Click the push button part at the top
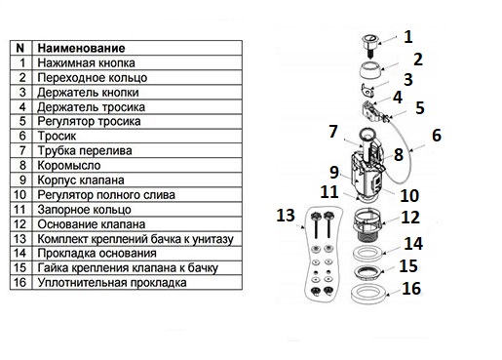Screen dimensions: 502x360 [x=369, y=45]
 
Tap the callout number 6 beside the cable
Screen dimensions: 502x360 [x=437, y=136]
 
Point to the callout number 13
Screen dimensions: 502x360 [x=286, y=216]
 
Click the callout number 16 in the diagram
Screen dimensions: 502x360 [x=411, y=288]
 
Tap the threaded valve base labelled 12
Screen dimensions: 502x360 [x=368, y=224]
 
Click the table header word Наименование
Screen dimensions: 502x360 [x=81, y=48]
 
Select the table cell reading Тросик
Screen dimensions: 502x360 [x=57, y=136]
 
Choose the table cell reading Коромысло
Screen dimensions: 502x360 [x=69, y=166]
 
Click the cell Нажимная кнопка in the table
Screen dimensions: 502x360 [x=86, y=62]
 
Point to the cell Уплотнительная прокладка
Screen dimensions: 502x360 [x=112, y=283]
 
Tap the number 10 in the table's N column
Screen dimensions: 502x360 [x=19, y=195]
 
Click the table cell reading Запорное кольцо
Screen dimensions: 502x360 [x=84, y=210]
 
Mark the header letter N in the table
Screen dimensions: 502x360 [x=20, y=48]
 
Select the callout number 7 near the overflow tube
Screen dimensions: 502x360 [x=333, y=132]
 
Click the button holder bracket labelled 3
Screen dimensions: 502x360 [x=368, y=90]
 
